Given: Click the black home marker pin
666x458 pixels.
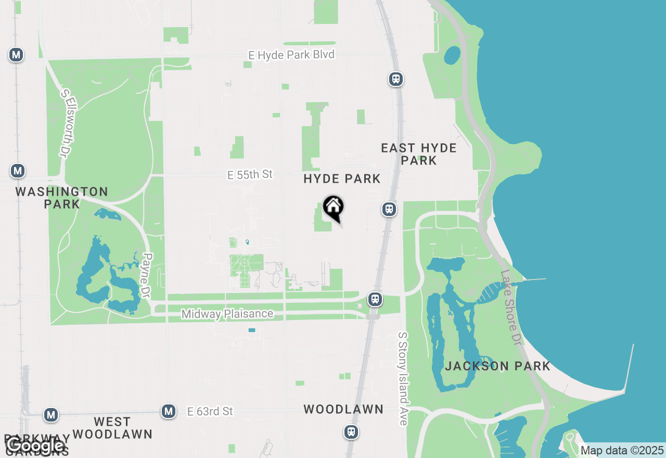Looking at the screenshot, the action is (x=334, y=208).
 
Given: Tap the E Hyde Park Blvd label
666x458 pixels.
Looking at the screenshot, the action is (x=291, y=55).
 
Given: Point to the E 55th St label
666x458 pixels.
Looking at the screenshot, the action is (x=250, y=174).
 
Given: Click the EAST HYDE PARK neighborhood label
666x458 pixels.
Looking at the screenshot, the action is (x=419, y=154).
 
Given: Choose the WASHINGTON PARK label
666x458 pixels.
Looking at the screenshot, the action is (x=61, y=198).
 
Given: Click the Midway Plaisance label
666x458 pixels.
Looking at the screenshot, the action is (x=227, y=314).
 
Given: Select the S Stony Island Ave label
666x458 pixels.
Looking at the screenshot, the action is (x=403, y=378).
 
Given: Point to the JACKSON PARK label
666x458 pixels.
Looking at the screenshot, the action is (x=497, y=366).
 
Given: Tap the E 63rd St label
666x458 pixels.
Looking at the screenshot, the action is (x=210, y=412).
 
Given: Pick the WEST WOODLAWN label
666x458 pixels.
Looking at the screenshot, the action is (x=112, y=428).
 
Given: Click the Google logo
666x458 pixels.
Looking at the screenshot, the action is (x=35, y=446).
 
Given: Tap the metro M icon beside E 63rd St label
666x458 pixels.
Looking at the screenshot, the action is (x=168, y=411).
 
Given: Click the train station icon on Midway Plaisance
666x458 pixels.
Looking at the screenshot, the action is (x=375, y=299).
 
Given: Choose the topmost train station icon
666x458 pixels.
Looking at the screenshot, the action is (x=396, y=79).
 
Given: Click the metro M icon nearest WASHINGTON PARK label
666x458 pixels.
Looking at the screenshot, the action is (x=18, y=171).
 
